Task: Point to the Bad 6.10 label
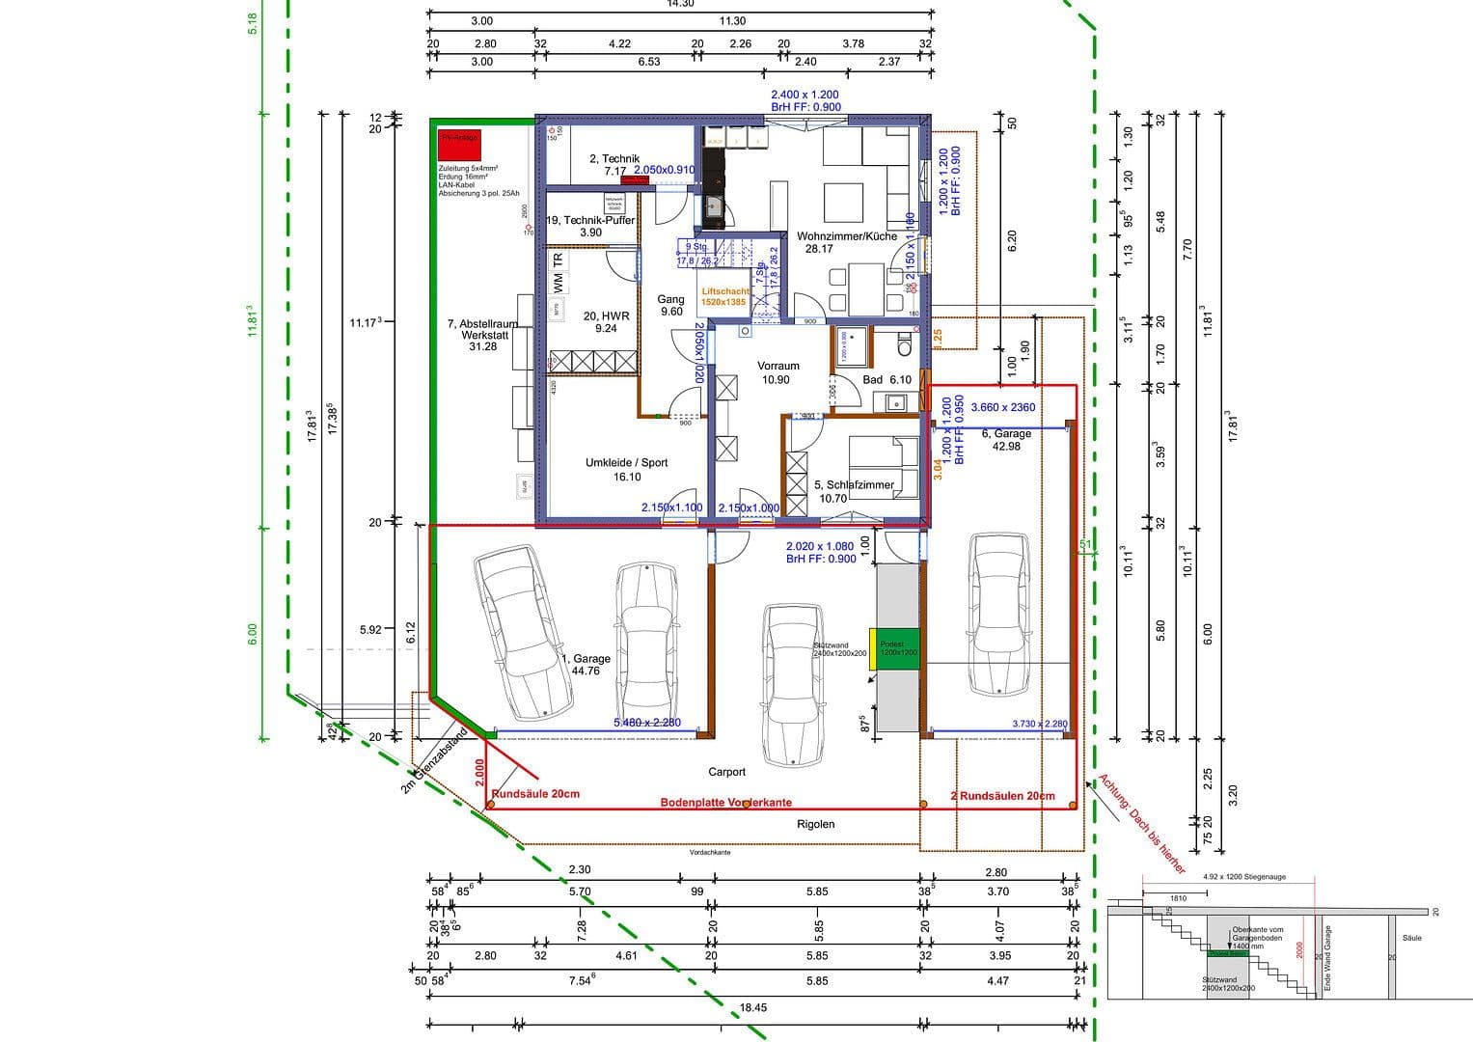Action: (887, 380)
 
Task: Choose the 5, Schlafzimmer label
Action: (853, 492)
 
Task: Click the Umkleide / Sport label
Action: (626, 469)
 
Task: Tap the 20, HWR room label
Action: (606, 322)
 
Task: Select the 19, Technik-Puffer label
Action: (590, 226)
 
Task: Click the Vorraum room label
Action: (777, 372)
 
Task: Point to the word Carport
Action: (726, 772)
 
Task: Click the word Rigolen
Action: (815, 824)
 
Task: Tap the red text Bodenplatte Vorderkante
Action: (725, 803)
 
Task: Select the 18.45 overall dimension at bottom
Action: (752, 1007)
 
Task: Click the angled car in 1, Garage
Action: (522, 632)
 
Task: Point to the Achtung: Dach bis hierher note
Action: (1141, 824)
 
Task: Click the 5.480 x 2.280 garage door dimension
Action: (647, 723)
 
